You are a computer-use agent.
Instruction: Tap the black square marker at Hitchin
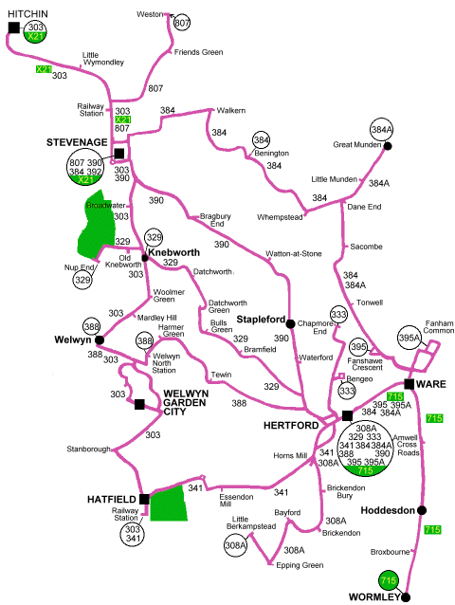point(13,27)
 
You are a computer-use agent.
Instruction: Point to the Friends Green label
point(197,52)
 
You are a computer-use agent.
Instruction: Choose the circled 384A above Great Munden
point(381,129)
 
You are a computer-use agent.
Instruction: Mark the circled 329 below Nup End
point(83,280)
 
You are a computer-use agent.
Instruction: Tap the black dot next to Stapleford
point(291,322)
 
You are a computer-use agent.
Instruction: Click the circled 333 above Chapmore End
point(339,314)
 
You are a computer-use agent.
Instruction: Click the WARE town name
point(432,384)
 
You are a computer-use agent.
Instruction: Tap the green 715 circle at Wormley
point(387,580)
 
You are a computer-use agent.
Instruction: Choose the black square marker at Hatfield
point(144,498)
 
